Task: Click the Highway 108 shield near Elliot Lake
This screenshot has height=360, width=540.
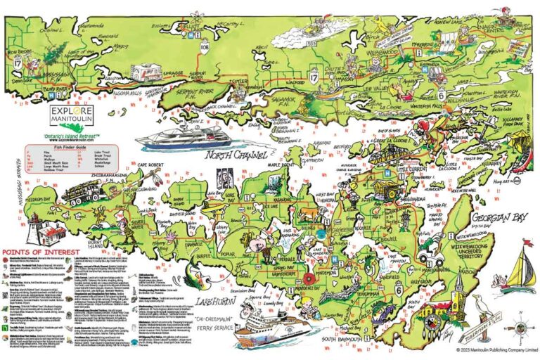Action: (x=205, y=49)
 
